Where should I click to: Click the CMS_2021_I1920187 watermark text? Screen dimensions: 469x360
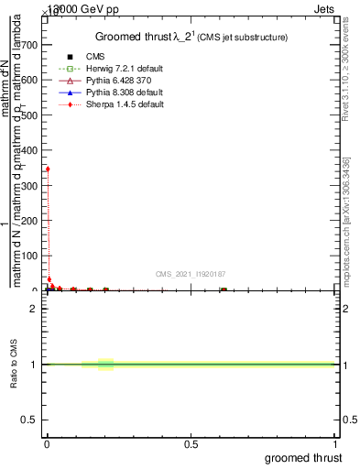click(x=191, y=274)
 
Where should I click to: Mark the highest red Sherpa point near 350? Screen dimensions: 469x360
click(x=48, y=169)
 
